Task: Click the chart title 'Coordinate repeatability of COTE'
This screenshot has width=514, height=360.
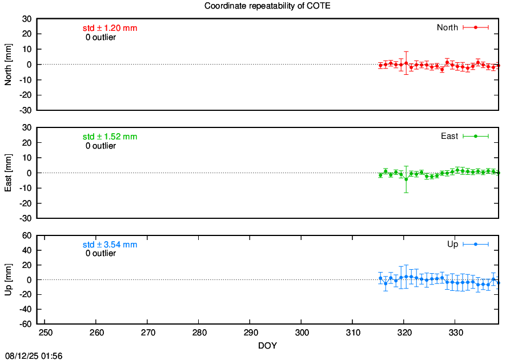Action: coord(267,6)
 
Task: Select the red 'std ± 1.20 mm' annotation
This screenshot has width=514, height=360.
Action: coord(110,28)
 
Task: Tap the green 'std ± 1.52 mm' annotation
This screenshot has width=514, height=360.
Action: coord(110,137)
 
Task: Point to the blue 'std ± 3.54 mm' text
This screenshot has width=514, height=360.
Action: coord(110,245)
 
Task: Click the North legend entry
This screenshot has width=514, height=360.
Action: coord(463,27)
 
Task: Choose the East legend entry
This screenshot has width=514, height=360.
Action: coord(464,136)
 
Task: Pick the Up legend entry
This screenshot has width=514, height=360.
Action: coord(468,244)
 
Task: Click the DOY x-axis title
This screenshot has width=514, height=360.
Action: coord(267,346)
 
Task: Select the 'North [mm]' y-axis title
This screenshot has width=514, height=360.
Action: coord(8,65)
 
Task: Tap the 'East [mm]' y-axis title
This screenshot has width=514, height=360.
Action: coord(8,173)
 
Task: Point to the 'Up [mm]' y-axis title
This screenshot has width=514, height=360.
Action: coord(8,279)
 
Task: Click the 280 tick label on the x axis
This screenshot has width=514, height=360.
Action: coord(199,333)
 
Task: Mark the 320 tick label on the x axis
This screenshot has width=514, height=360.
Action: coord(404,333)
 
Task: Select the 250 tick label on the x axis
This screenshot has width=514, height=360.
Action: coord(46,333)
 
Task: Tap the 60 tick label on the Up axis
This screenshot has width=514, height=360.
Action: coord(27,235)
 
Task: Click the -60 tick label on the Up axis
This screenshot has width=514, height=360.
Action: coord(26,324)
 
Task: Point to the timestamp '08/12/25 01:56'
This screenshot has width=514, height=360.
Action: coord(34,356)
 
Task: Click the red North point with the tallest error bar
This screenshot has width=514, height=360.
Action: coord(406,63)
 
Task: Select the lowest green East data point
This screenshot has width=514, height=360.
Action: coord(406,179)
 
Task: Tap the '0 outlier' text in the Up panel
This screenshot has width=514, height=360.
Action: coord(101,253)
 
